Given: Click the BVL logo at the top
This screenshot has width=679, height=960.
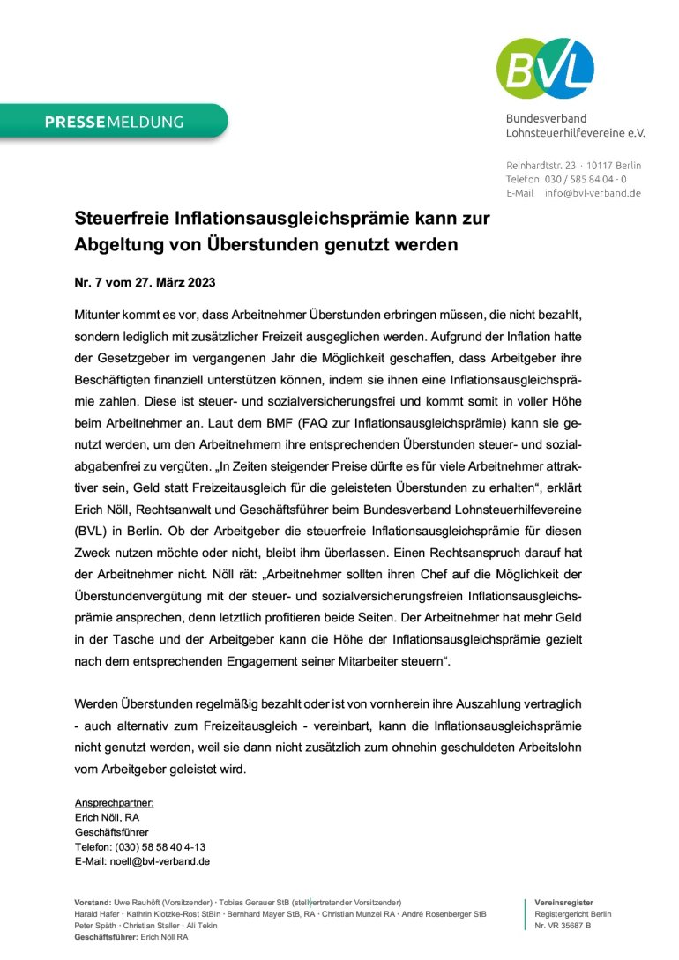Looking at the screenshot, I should point(546,68).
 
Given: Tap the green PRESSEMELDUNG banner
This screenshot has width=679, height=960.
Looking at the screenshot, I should point(114,122).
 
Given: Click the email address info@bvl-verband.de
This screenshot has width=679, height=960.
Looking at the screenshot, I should point(593,193).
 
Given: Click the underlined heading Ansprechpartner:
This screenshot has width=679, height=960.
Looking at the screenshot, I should point(115,803).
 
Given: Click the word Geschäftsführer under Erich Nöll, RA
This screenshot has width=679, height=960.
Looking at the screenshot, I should point(112,832).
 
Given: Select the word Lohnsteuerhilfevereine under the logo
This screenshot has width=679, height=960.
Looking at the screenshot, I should point(559,133).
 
